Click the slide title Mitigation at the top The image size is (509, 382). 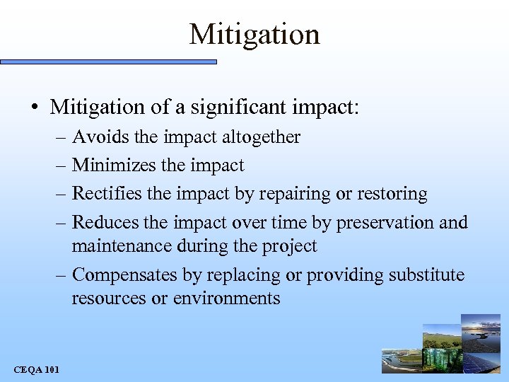[255, 34]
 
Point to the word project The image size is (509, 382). [291, 247]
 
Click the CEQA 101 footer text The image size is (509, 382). [37, 369]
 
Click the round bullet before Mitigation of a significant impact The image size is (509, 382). [35, 108]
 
